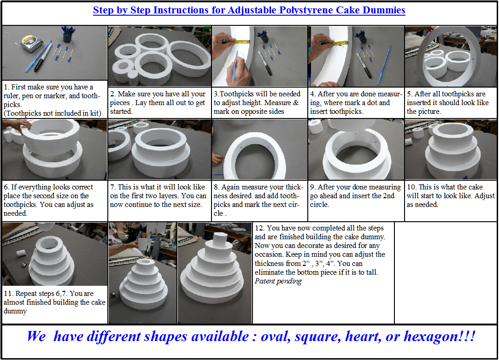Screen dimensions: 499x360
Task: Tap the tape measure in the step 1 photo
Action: point(31,44)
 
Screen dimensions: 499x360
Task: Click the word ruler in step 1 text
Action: point(12,96)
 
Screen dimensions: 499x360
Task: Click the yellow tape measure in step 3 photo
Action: point(242,41)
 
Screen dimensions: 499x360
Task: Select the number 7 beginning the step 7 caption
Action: point(112,187)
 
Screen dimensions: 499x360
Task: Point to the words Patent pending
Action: point(278,281)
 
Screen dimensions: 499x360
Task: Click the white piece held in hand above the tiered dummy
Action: point(143,245)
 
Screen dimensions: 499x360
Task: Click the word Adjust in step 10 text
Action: point(485,196)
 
